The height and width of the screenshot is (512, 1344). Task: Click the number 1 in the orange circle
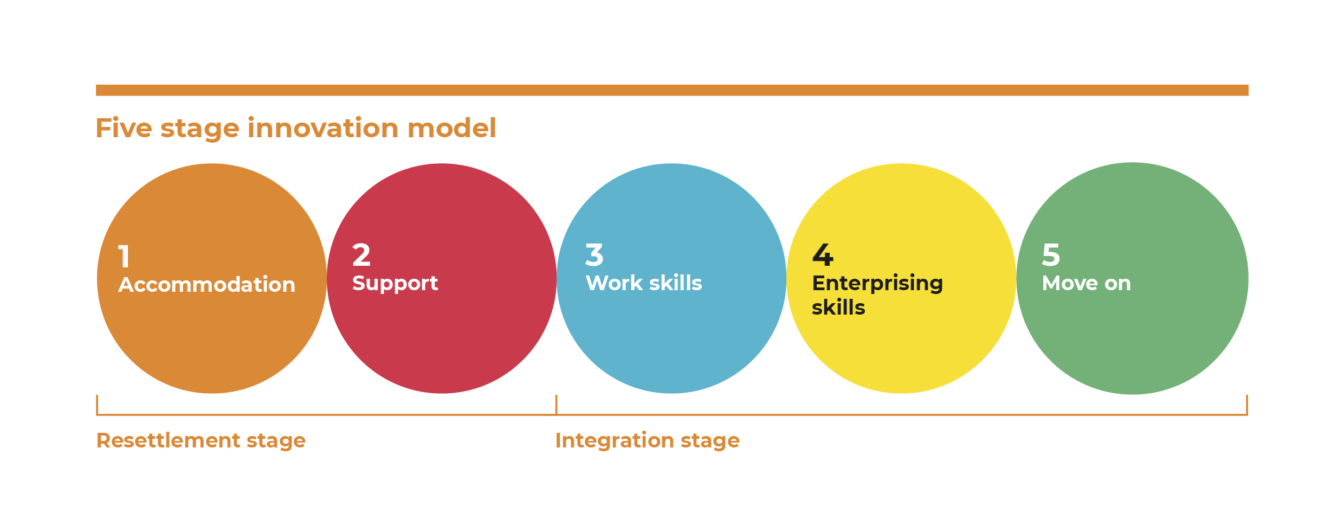pyautogui.click(x=124, y=257)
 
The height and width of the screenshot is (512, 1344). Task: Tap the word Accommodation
pyautogui.click(x=206, y=285)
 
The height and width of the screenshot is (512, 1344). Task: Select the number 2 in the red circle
pyautogui.click(x=361, y=255)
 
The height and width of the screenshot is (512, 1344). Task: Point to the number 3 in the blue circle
pyautogui.click(x=595, y=255)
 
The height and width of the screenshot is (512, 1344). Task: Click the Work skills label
pyautogui.click(x=644, y=283)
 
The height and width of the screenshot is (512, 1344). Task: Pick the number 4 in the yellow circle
pyautogui.click(x=823, y=255)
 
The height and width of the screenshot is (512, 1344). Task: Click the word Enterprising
pyautogui.click(x=877, y=284)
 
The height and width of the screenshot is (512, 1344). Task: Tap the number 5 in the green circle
pyautogui.click(x=1051, y=255)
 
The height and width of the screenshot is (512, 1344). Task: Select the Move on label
pyautogui.click(x=1087, y=284)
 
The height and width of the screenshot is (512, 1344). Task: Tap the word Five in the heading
pyautogui.click(x=124, y=128)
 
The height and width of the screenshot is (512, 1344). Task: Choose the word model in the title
pyautogui.click(x=451, y=128)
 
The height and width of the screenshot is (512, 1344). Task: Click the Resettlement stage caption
pyautogui.click(x=201, y=440)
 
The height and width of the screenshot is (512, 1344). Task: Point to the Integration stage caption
pyautogui.click(x=648, y=440)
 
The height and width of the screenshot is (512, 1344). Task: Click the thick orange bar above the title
pyautogui.click(x=672, y=90)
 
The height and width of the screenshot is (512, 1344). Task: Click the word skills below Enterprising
pyautogui.click(x=838, y=308)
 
